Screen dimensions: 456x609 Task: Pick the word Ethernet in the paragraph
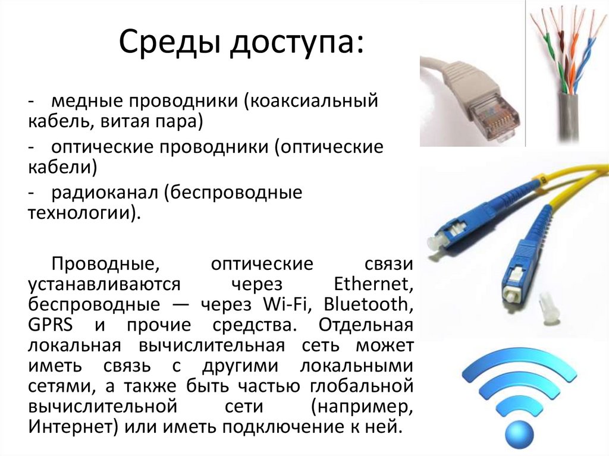click(374, 284)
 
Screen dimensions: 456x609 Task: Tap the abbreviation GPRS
click(50, 325)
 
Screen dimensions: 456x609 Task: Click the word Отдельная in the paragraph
click(365, 325)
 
